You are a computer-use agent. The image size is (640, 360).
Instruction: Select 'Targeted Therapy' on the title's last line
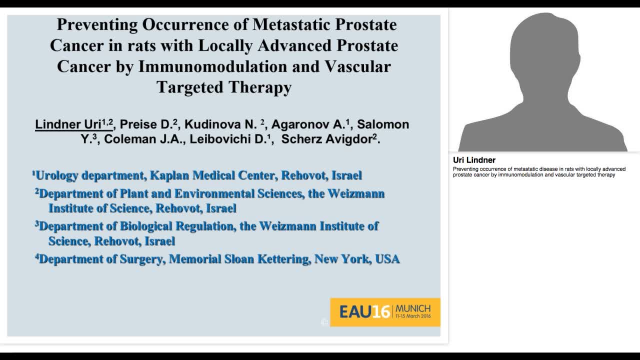click(224, 87)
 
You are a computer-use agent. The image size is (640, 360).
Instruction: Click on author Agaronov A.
click(310, 124)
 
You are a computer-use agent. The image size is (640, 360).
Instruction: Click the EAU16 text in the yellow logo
click(364, 312)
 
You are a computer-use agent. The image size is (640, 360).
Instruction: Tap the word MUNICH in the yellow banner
click(412, 308)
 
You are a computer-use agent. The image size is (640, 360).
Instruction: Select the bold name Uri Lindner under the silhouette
click(474, 160)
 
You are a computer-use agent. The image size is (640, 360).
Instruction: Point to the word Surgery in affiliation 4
click(142, 259)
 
